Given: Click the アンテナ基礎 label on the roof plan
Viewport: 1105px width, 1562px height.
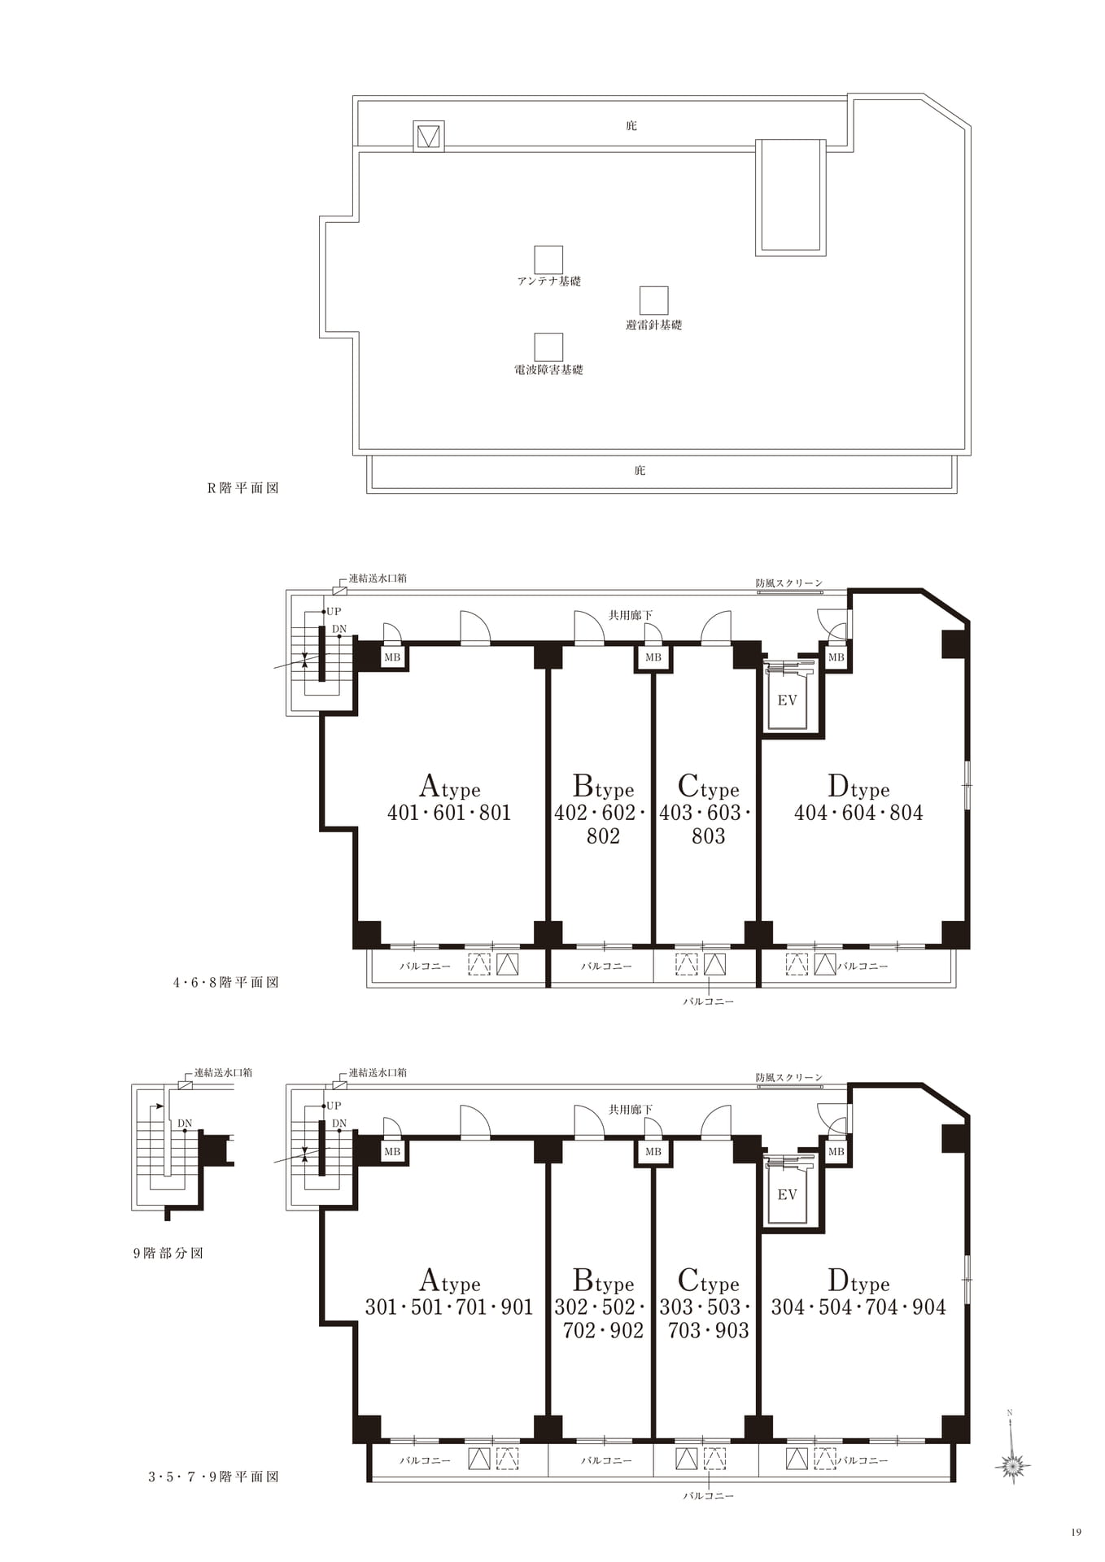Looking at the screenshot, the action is click(x=549, y=281).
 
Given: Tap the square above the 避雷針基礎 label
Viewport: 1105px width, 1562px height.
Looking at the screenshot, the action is click(x=653, y=300).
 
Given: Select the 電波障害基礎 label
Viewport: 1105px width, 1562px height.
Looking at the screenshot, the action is click(x=549, y=370).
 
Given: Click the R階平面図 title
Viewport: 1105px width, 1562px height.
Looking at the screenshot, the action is click(x=243, y=488).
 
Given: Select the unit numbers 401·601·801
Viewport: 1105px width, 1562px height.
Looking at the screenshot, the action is click(x=449, y=813).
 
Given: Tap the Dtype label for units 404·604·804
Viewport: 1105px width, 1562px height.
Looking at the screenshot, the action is click(x=858, y=787).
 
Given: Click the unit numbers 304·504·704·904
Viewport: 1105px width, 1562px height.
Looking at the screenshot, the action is click(x=858, y=1307).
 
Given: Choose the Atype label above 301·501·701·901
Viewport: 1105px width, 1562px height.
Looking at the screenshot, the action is click(x=449, y=1281).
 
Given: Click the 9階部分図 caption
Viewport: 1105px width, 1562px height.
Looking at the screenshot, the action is click(x=168, y=1254).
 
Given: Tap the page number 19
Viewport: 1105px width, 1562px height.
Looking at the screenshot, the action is click(x=1077, y=1533).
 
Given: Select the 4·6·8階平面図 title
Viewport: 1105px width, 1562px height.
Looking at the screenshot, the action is click(x=226, y=983).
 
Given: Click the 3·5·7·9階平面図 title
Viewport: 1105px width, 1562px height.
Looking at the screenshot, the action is click(x=214, y=1477).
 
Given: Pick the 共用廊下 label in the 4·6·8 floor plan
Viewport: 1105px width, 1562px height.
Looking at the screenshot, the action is click(x=631, y=616).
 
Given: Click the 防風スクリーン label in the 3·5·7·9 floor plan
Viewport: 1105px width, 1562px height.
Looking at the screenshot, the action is click(x=789, y=1077).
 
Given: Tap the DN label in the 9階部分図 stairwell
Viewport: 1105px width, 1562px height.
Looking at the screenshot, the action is click(x=185, y=1124).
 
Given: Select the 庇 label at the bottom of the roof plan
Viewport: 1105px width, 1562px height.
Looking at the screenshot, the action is click(x=640, y=471).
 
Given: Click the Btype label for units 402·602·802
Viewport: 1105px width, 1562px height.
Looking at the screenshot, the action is click(x=603, y=787).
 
